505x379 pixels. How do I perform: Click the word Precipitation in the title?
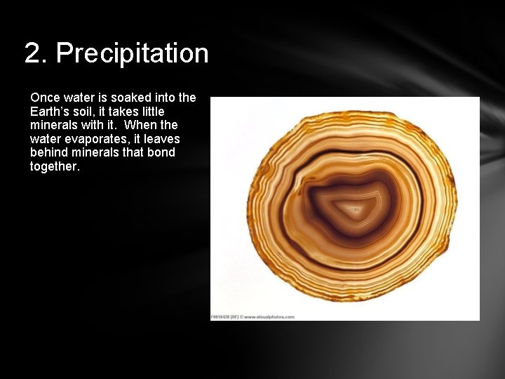coord(132,53)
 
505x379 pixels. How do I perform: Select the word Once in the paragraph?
coord(46,98)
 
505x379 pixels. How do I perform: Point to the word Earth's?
coord(50,112)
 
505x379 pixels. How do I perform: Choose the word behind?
coord(50,152)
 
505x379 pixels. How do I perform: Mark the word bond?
coord(162,152)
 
